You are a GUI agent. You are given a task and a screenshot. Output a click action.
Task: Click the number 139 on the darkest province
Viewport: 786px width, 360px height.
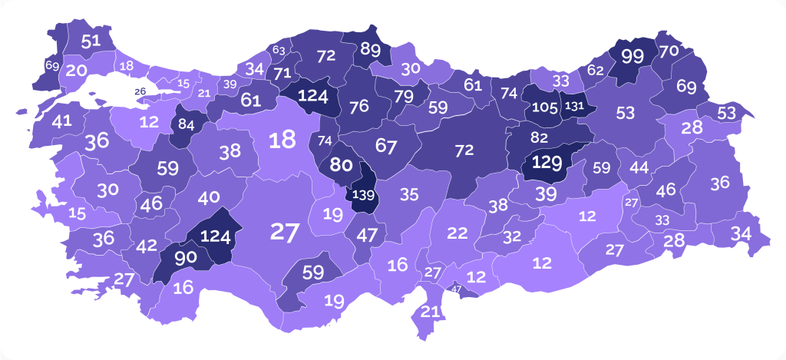coord(362,195)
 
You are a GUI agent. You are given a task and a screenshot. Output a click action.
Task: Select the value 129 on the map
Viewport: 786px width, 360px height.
coord(548,162)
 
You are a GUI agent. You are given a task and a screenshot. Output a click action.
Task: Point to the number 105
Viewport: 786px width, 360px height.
coord(544,107)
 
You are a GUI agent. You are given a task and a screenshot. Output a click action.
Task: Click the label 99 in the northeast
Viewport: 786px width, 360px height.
coord(632,56)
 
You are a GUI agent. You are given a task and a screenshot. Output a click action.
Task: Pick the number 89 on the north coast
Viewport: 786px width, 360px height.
coord(370,50)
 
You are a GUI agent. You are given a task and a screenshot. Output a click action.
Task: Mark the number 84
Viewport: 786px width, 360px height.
coord(186,124)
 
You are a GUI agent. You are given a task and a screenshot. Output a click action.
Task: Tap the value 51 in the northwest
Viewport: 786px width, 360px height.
coord(91,41)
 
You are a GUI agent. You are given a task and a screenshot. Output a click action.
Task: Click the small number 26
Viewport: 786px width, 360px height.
coord(140,92)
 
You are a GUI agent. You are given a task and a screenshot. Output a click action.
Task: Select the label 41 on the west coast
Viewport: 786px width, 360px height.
coord(62,121)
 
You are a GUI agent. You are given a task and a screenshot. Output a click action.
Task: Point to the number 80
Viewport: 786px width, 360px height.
coord(342,164)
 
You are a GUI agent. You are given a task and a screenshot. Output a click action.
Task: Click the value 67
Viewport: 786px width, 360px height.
coord(385,144)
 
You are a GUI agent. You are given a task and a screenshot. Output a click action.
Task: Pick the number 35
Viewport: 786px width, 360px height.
coord(410,195)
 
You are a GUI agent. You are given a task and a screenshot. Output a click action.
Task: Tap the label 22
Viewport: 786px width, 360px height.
coord(457,233)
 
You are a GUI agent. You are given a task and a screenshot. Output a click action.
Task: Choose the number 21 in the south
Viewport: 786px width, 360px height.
coord(431,312)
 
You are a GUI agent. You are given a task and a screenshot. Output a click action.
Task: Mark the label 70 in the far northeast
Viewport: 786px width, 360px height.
coord(669,51)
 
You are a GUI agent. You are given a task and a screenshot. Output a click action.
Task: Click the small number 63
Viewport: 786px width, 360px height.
coord(279,51)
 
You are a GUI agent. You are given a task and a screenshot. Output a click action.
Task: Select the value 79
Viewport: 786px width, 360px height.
coord(404,96)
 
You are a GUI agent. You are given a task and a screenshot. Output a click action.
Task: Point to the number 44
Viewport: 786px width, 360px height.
coord(639,167)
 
